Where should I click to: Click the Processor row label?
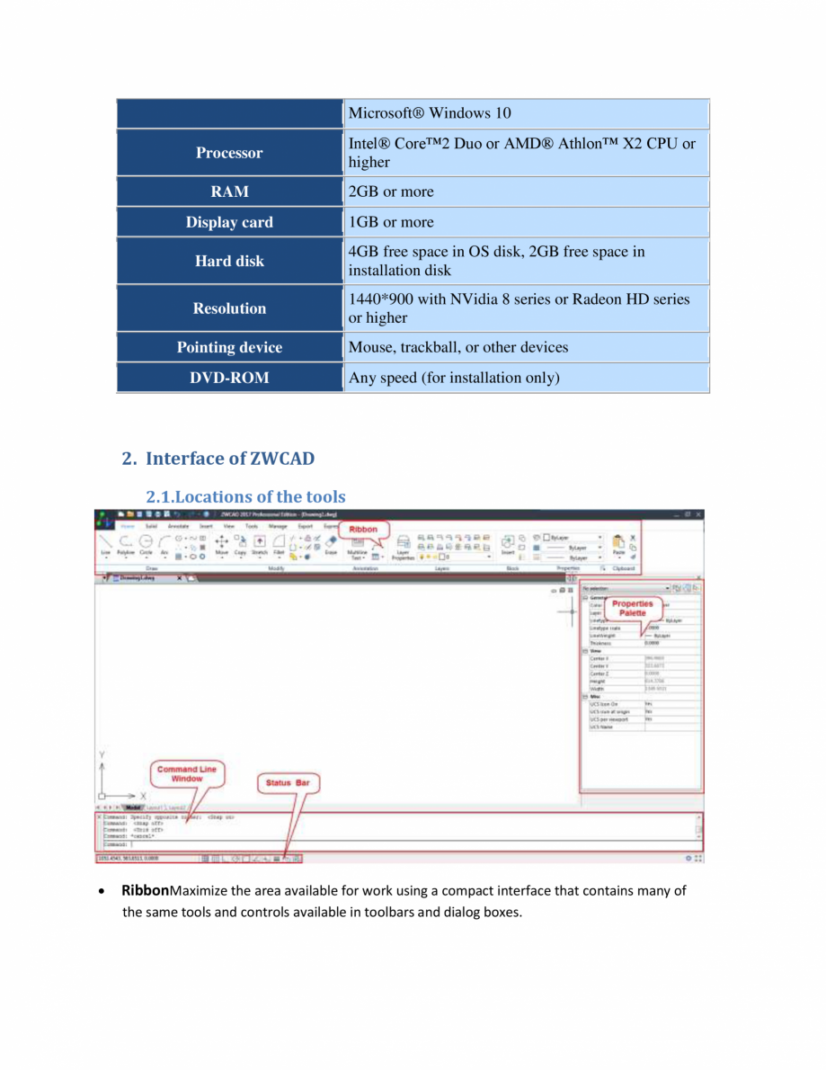tap(229, 153)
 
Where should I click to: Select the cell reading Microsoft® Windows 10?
tap(430, 113)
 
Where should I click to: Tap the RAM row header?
tap(229, 192)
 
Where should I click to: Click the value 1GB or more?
tap(391, 222)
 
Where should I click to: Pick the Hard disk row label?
tap(229, 261)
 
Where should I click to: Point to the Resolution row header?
tap(229, 308)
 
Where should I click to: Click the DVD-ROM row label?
tap(229, 378)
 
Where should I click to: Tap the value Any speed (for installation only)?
tap(454, 378)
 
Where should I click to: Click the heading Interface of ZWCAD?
tap(230, 459)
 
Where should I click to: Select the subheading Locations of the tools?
tap(245, 496)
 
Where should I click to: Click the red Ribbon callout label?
tap(363, 529)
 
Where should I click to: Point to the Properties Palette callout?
tap(632, 608)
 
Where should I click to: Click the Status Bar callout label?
tap(288, 783)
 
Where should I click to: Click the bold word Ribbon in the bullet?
tap(146, 891)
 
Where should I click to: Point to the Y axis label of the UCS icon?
tap(102, 754)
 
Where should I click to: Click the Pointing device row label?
tap(229, 347)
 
